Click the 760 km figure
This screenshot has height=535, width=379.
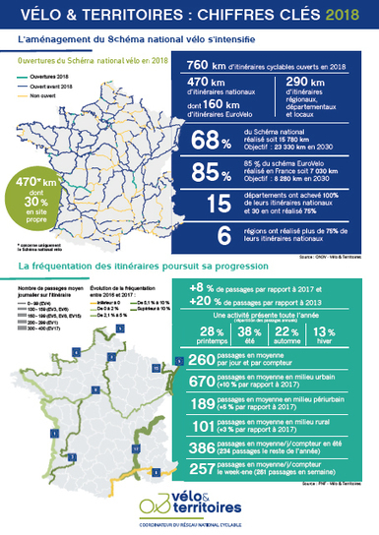click(x=211, y=65)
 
